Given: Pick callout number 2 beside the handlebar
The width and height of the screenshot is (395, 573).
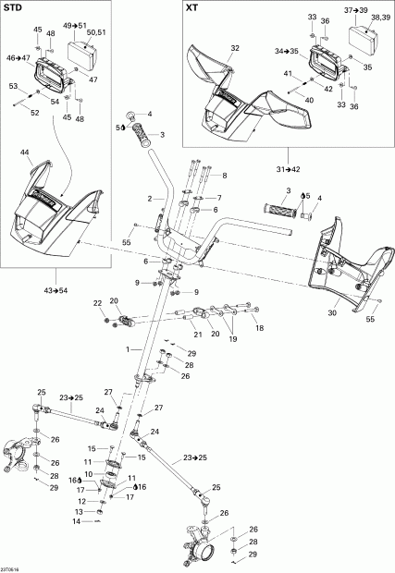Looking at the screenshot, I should point(148,199).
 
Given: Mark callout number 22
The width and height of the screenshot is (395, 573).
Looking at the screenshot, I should point(96,304).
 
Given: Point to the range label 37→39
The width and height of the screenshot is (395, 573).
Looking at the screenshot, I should point(358,7).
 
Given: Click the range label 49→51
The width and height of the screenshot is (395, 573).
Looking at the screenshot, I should point(75,25).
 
